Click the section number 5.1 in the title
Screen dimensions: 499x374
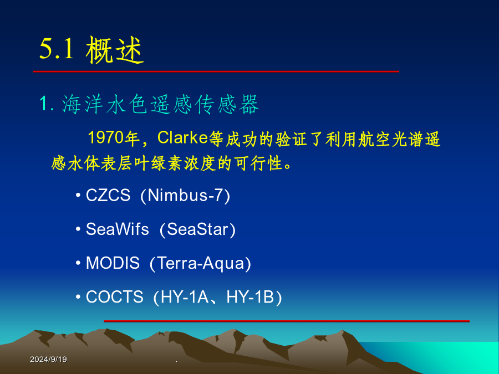click(57, 49)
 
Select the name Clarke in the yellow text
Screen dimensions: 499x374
click(182, 138)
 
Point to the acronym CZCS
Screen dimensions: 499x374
click(108, 195)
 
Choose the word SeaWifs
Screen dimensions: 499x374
click(118, 229)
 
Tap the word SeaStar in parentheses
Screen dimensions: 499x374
click(197, 229)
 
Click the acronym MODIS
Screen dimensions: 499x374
click(113, 263)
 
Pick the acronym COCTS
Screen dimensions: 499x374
click(115, 297)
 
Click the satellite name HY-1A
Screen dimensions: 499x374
click(185, 297)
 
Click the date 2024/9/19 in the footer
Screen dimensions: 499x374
click(48, 360)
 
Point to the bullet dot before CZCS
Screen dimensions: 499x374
click(78, 194)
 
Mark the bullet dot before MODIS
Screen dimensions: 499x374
click(78, 263)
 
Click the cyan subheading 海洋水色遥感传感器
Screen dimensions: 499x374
click(160, 104)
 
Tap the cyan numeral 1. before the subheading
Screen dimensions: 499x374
click(46, 104)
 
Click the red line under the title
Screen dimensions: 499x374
click(216, 71)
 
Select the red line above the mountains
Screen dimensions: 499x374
click(287, 321)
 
